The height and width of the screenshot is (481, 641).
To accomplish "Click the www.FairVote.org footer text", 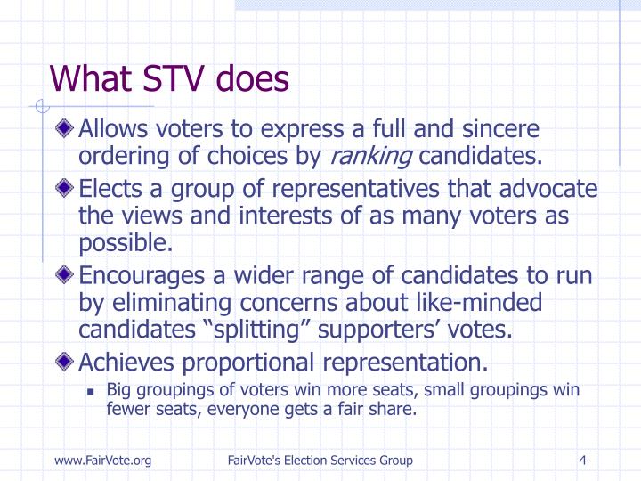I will point(102,460).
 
